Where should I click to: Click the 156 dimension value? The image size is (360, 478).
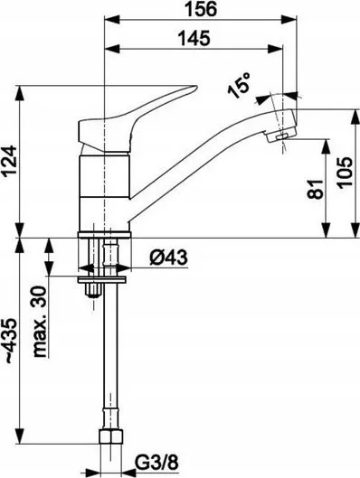201,9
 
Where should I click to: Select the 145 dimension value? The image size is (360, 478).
194,38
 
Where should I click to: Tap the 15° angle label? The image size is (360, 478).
240,86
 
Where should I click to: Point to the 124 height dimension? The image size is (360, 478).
9,160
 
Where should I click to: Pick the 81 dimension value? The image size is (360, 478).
315,190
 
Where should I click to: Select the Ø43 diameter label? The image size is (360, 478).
168,258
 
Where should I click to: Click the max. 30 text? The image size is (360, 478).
40,322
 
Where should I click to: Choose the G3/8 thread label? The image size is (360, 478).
156,464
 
